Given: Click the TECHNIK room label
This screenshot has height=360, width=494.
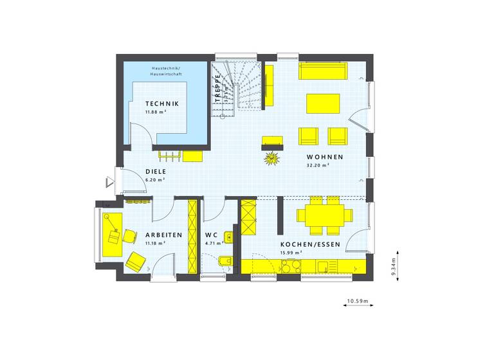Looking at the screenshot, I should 161,104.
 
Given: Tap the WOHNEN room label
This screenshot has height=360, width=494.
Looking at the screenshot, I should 324,157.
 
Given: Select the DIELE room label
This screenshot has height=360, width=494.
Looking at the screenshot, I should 156,172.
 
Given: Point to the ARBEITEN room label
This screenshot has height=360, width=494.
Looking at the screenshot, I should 163,235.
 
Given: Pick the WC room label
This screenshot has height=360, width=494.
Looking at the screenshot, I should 212,235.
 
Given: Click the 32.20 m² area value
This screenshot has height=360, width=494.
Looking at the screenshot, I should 318,165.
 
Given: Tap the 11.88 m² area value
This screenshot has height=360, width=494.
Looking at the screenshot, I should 156,112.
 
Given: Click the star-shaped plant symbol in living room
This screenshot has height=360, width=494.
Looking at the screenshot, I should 272,156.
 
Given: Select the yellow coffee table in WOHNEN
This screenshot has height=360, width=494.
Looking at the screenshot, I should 324,104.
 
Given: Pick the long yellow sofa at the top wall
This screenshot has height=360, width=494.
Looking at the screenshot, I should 322,70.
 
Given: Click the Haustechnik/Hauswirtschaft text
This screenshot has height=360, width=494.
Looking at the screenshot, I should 166,71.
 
